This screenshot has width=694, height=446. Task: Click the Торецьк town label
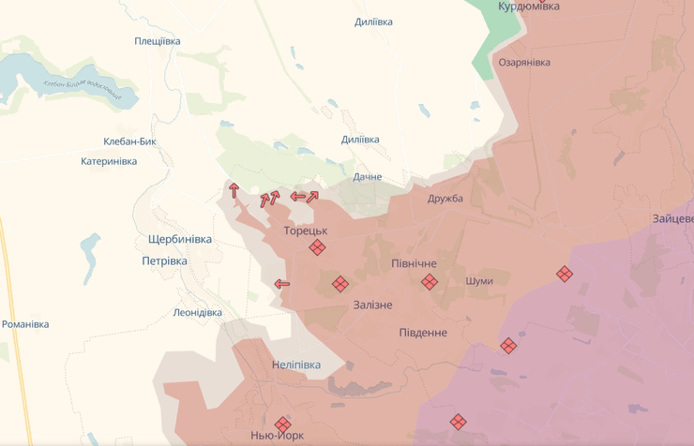[x=305, y=230]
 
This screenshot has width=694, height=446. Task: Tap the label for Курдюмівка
[x=529, y=7]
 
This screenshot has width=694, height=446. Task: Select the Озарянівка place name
[x=524, y=63]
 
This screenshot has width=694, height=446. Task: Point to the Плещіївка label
[x=157, y=41]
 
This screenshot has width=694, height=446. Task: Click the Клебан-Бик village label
[x=129, y=142]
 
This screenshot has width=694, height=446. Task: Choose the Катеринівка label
[x=109, y=161]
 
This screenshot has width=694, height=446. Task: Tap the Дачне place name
[x=368, y=177]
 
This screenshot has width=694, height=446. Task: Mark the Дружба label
[x=445, y=199]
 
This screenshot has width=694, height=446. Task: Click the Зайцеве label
[x=672, y=219]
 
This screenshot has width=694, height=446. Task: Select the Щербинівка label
[x=180, y=240]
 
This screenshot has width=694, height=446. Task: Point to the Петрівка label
[x=164, y=261]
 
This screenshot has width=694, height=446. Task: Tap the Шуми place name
[x=478, y=281]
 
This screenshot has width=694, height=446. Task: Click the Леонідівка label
[x=198, y=313]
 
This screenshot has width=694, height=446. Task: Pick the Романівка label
[x=25, y=325]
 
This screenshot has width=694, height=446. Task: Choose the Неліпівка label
[x=295, y=365]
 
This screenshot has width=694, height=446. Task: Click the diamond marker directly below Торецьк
[x=318, y=248]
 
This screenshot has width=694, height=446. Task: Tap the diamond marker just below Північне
[x=429, y=282]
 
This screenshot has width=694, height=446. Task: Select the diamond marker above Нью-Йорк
[x=282, y=424]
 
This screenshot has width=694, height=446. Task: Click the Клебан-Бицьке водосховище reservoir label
[x=83, y=89]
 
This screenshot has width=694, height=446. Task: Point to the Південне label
[x=423, y=334]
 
